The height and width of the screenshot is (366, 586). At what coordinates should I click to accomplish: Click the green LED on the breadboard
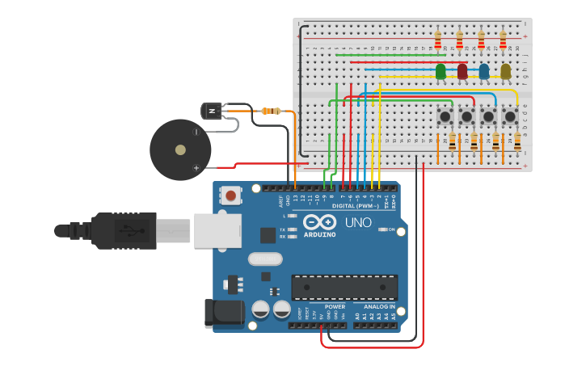441,72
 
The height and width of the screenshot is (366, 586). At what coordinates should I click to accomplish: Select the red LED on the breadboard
462,72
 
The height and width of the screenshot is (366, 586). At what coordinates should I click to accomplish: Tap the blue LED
484,72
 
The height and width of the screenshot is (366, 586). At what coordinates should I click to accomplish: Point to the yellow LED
506,72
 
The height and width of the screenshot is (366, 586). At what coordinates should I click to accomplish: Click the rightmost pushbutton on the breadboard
510,117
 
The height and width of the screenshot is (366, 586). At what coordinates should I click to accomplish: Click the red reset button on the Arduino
231,195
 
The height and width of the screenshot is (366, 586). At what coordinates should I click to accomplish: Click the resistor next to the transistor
272,111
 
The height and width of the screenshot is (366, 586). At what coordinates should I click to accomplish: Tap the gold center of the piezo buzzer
180,149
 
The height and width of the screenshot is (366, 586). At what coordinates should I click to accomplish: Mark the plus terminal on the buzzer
196,167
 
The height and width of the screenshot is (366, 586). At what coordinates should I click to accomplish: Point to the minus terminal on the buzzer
196,132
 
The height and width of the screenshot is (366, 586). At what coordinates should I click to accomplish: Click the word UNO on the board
359,222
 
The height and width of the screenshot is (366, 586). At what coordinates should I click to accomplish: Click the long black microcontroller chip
344,287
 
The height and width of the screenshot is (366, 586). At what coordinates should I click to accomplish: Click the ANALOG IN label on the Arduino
379,307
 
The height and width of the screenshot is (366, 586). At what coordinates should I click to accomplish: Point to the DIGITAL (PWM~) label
356,206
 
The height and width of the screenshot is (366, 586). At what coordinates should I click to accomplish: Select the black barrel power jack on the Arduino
223,313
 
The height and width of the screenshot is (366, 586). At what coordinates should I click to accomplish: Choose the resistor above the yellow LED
503,40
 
